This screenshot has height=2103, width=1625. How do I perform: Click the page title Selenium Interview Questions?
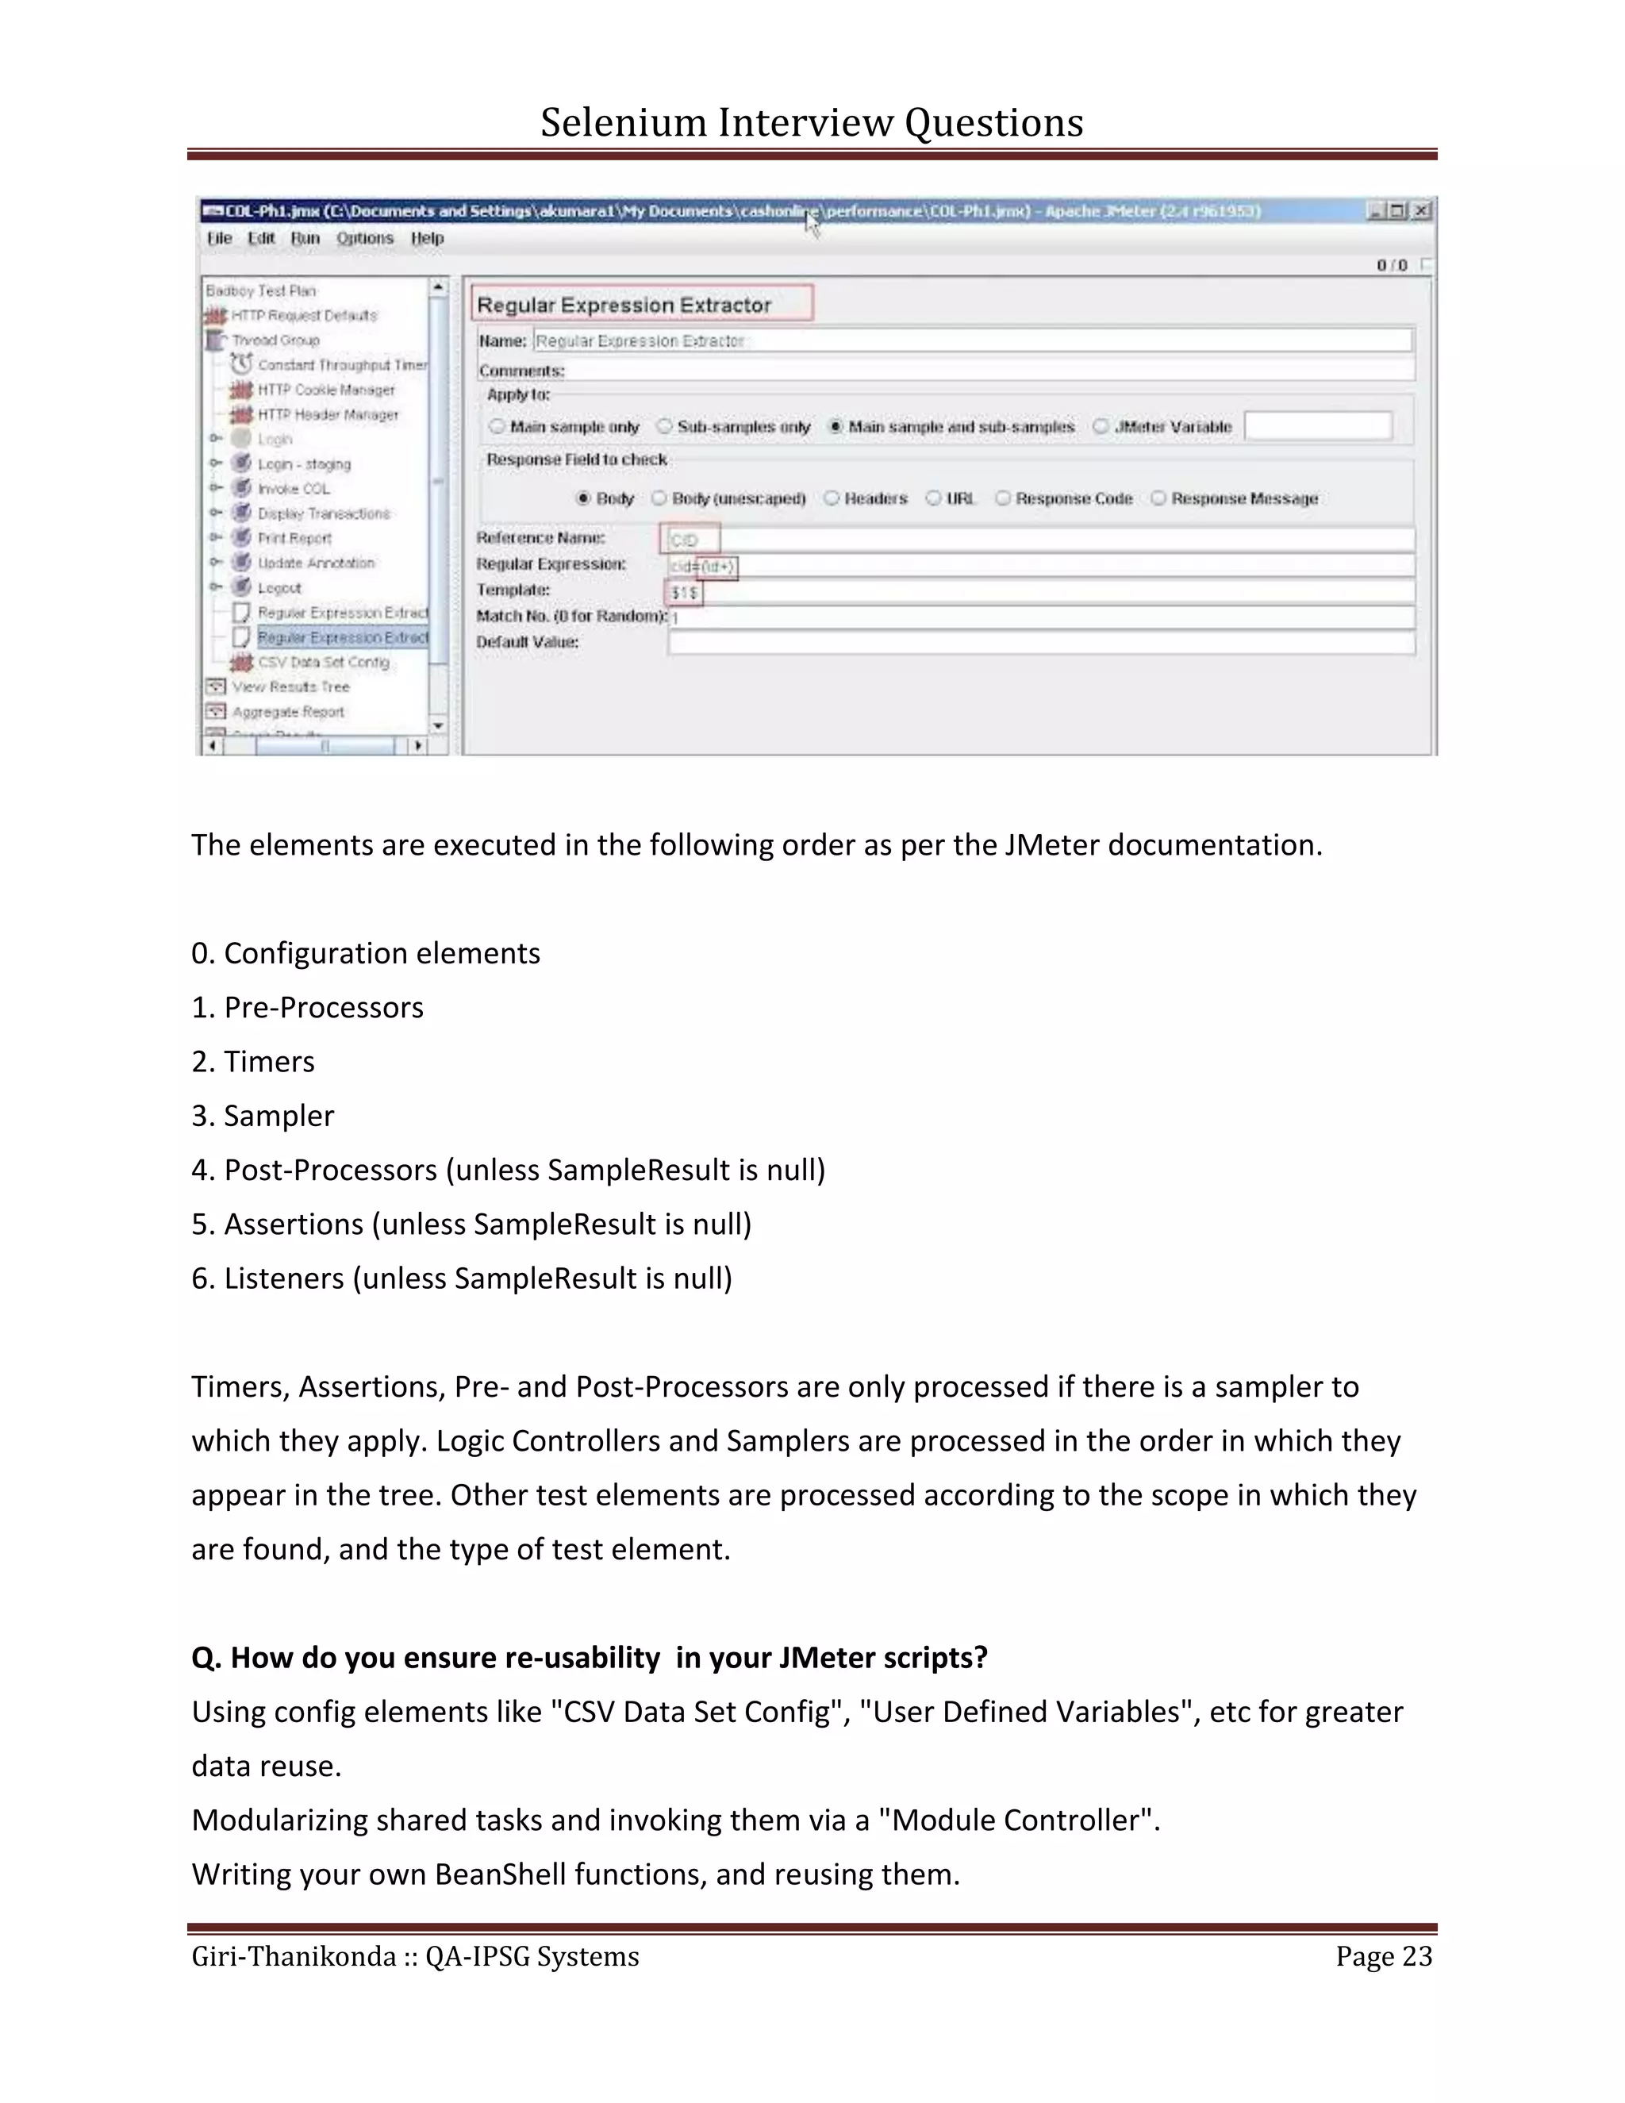pos(812,122)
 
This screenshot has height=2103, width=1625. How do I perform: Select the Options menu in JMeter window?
pos(365,238)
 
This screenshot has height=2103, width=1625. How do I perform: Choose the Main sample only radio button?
pos(497,427)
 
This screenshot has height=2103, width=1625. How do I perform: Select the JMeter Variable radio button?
pos(1101,427)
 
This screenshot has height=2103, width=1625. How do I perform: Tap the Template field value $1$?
pos(685,592)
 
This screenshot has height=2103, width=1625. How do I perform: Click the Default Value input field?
pos(1039,642)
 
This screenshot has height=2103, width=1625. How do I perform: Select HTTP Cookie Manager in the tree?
pos(325,390)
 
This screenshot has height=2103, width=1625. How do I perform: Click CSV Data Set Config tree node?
pos(322,663)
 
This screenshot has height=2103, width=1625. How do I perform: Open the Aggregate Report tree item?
pos(287,712)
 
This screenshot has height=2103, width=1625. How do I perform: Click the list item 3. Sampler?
pos(263,1115)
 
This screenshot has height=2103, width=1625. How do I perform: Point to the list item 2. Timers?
pos(253,1061)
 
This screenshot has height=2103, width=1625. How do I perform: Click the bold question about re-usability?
pos(590,1657)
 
